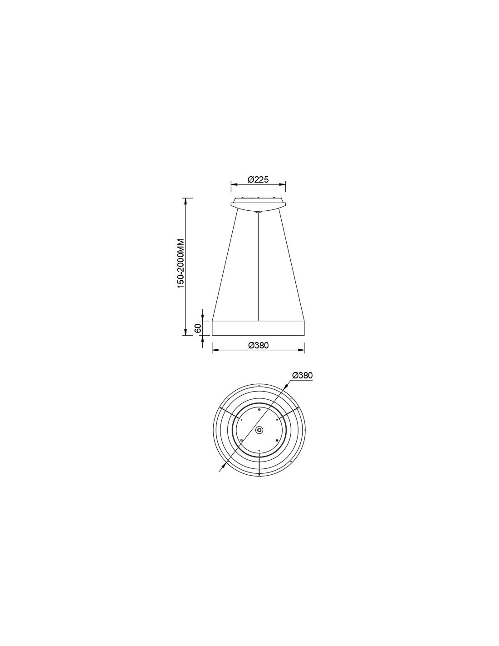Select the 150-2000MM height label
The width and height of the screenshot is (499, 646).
(x=181, y=263)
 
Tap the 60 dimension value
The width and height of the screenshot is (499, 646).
(x=198, y=328)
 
